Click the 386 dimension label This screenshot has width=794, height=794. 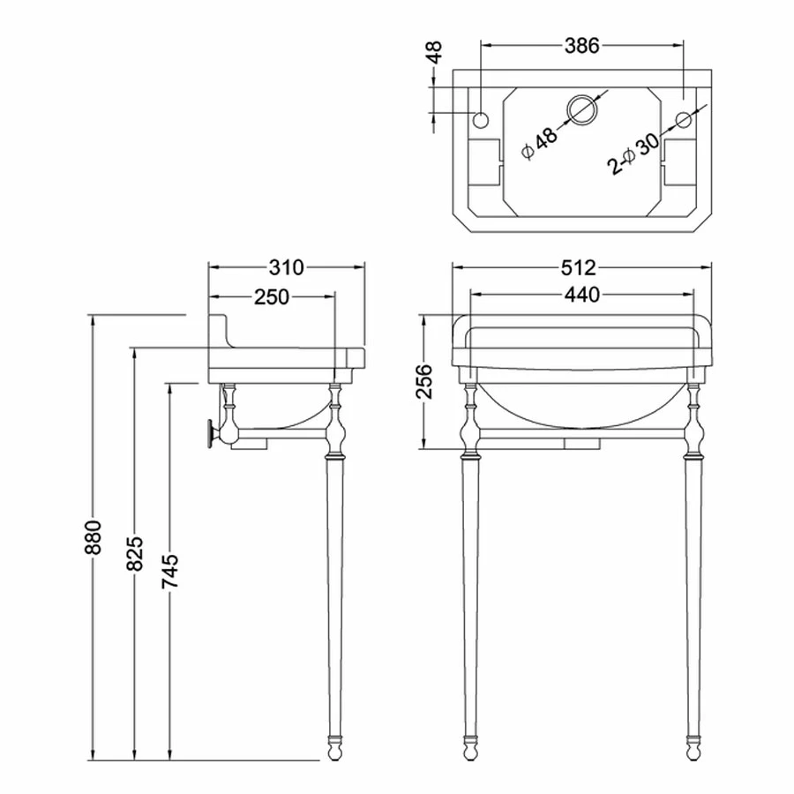pos(582,46)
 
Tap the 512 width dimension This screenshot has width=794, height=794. pos(579,268)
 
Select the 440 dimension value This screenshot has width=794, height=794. pos(582,294)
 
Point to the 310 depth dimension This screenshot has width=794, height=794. pos(287,268)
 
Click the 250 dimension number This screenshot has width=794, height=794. pos(272,297)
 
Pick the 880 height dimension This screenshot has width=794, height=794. pos(94,536)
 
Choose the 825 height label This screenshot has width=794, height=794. pos(135,554)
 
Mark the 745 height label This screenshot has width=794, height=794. pos(170,572)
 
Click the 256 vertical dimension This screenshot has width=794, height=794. pos(424,381)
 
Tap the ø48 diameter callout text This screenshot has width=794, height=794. pos(540,143)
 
